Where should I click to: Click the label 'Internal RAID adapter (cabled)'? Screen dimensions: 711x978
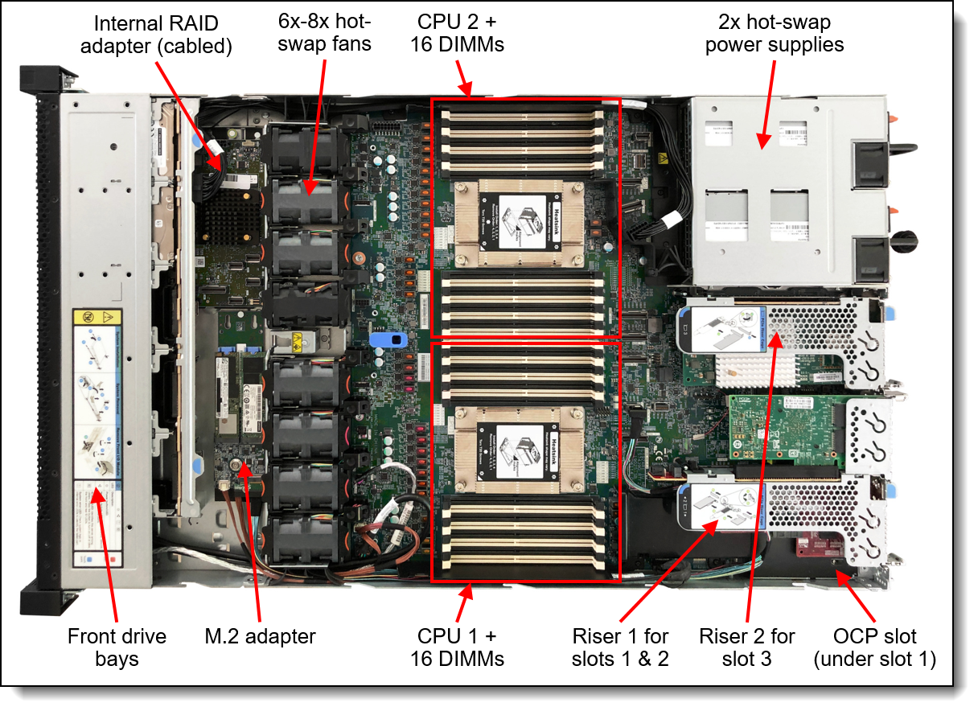coord(162,35)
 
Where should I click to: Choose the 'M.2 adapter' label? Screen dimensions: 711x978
coord(260,636)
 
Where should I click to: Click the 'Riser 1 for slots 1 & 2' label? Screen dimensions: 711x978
coord(620,647)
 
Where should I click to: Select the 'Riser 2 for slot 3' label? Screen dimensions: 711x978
coord(747,647)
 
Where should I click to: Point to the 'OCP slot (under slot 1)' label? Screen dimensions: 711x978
coord(875,647)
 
